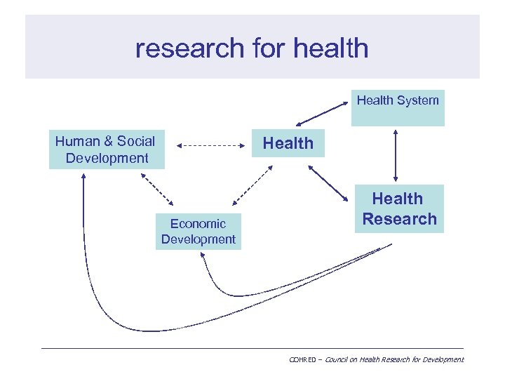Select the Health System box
coord(398,108)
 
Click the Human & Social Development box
coord(106,149)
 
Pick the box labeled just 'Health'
coord(288,143)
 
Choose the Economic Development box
coord(198,232)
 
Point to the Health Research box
coord(399,209)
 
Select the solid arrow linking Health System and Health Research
coord(397,155)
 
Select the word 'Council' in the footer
coord(332,359)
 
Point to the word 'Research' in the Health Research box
coord(399,219)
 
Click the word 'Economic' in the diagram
coord(198,224)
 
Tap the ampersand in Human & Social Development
coord(109,141)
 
